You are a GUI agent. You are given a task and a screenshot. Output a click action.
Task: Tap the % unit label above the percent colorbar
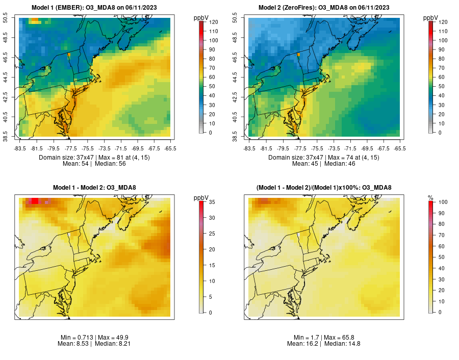point(430,197)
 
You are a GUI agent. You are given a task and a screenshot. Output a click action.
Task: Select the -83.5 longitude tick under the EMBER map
point(20,148)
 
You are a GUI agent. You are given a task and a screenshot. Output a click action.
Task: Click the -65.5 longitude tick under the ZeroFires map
point(399,148)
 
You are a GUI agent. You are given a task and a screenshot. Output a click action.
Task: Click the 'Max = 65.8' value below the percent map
point(339,338)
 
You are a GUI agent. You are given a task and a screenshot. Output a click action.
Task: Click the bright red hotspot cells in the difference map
point(35,201)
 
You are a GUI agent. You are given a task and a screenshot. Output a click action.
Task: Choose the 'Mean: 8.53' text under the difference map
point(74,344)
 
